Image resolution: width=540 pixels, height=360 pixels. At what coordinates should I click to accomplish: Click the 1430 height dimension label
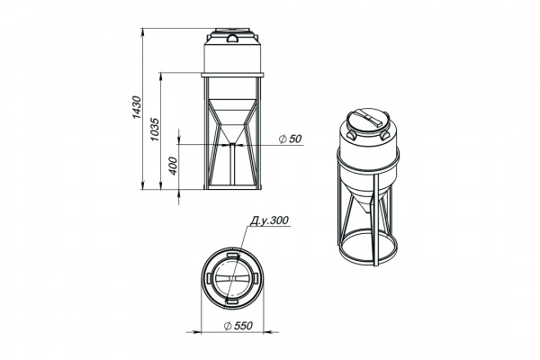[137, 107]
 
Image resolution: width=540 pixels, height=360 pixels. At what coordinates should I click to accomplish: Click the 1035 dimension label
[155, 130]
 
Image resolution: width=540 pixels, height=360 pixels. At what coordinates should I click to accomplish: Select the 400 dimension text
[173, 166]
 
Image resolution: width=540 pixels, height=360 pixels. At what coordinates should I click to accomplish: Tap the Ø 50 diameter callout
[291, 139]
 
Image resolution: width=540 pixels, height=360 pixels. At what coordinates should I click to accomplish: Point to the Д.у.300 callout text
[269, 220]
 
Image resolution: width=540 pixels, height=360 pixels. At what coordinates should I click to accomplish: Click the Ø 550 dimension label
[238, 326]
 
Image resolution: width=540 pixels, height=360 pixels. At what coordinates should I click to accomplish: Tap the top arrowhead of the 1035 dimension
[160, 76]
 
